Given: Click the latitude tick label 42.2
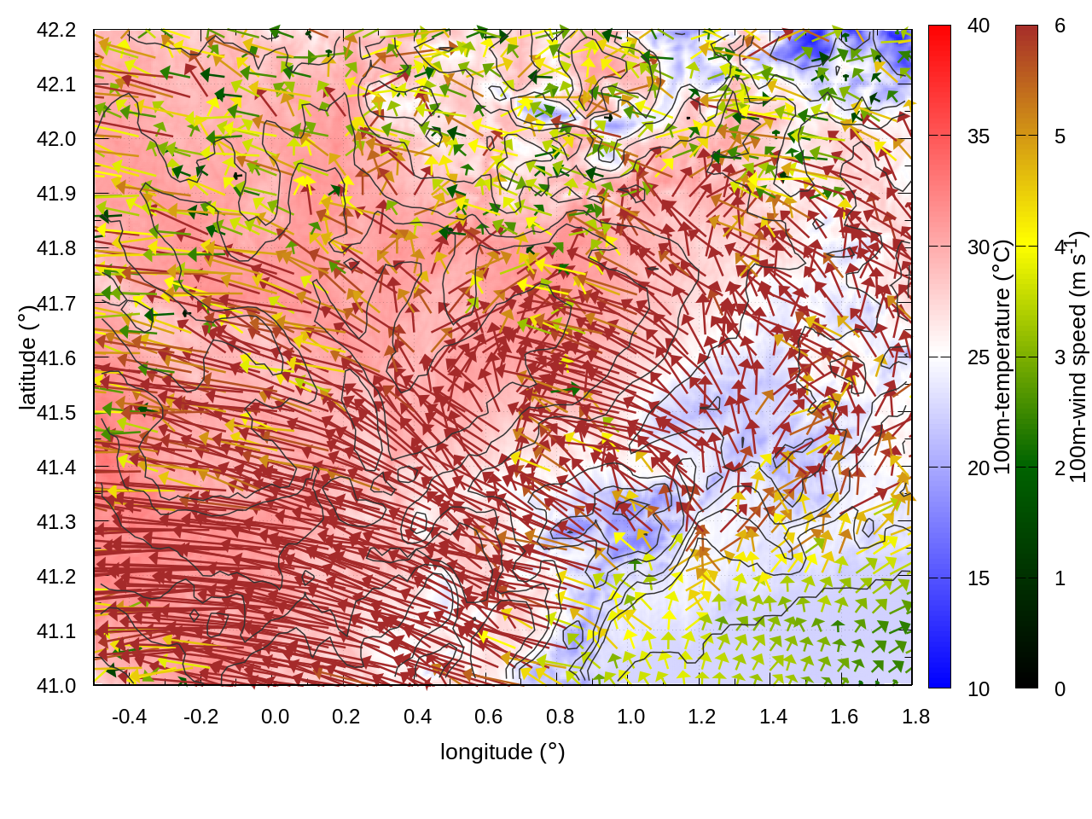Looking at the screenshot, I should pyautogui.click(x=56, y=30).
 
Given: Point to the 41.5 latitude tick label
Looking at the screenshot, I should pyautogui.click(x=56, y=413).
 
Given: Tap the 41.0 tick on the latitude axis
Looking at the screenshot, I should pyautogui.click(x=56, y=686).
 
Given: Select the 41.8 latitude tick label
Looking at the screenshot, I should pyautogui.click(x=56, y=248).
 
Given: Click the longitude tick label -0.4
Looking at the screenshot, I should pyautogui.click(x=129, y=717).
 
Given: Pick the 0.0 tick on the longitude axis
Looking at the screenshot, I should pyautogui.click(x=275, y=717).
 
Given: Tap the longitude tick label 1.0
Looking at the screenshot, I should pyautogui.click(x=630, y=717).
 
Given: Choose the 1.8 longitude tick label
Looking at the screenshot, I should pyautogui.click(x=915, y=717).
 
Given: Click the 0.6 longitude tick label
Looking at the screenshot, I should pyautogui.click(x=488, y=717).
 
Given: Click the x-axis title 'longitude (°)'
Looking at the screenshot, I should pyautogui.click(x=502, y=752).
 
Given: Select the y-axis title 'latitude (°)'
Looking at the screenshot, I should pyautogui.click(x=27, y=357).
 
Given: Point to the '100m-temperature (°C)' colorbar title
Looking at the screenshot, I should pyautogui.click(x=1002, y=357).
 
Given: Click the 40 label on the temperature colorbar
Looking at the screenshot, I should pyautogui.click(x=979, y=26).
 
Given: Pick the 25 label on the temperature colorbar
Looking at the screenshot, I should pyautogui.click(x=979, y=357).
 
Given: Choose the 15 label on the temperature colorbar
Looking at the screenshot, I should pyautogui.click(x=979, y=578).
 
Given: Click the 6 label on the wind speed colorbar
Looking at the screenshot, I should pyautogui.click(x=1060, y=26).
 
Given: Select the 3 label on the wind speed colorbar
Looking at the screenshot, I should pyautogui.click(x=1060, y=357).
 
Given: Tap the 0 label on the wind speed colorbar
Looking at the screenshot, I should pyautogui.click(x=1060, y=688).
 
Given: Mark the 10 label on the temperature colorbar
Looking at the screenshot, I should pyautogui.click(x=979, y=688).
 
